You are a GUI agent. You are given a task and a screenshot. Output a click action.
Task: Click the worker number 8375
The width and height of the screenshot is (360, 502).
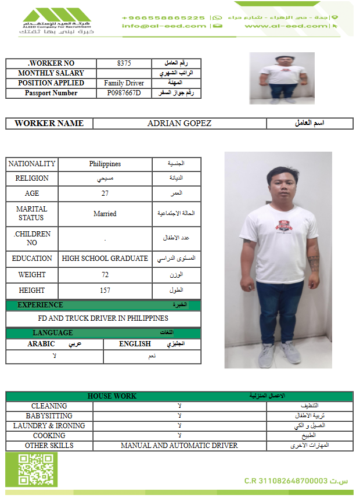124,63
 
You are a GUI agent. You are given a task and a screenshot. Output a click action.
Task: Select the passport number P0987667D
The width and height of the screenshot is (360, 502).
124,93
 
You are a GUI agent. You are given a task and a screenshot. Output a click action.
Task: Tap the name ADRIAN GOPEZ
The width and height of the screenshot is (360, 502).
179,123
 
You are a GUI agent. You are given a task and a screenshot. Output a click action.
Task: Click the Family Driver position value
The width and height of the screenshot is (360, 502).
124,83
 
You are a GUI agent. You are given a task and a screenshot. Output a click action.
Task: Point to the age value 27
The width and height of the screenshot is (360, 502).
105,193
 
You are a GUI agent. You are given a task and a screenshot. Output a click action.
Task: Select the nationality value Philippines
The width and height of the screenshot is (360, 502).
105,164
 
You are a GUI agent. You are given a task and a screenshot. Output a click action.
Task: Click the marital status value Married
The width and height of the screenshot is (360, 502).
105,214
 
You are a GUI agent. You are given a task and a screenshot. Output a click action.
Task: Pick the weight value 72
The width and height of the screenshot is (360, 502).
105,275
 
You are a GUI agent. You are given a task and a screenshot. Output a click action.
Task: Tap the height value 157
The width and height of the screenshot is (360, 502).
105,290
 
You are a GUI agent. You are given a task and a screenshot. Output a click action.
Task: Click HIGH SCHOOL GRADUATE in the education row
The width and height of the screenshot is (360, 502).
105,259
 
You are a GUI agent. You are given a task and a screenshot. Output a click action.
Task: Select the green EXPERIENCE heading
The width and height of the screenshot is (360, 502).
41,305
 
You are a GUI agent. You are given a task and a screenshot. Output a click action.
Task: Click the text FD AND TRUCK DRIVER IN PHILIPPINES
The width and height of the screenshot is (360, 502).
103,318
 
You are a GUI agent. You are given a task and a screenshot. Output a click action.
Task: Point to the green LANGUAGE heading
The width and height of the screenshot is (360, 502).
53,333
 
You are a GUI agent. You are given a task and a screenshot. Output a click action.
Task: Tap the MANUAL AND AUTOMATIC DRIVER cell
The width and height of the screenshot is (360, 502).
179,446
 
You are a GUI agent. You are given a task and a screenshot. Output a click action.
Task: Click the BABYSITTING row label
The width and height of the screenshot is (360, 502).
49,416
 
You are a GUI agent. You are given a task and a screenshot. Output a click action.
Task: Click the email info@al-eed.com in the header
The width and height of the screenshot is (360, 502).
164,26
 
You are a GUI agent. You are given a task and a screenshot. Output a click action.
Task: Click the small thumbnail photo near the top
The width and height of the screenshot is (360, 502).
282,78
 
